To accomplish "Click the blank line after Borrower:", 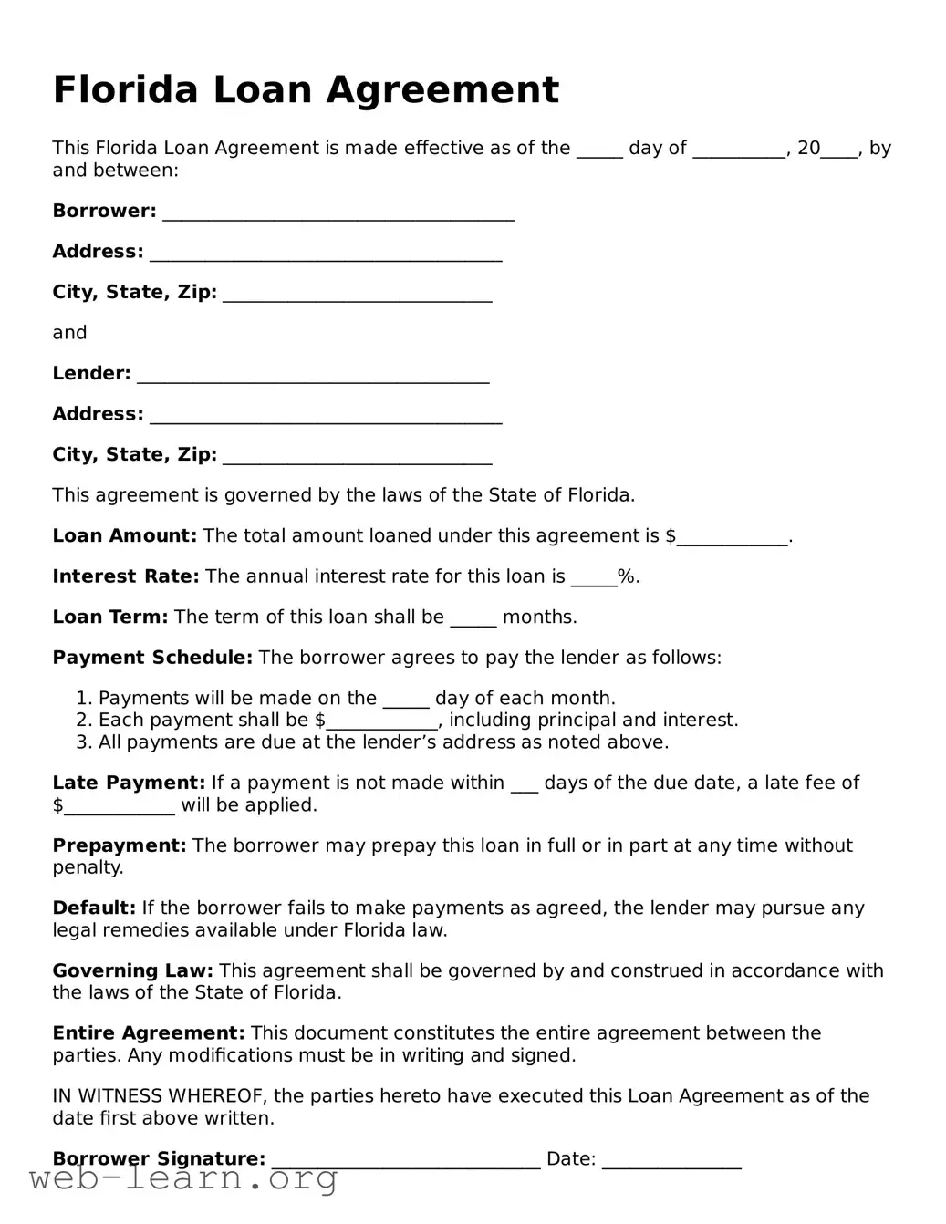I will [x=338, y=213].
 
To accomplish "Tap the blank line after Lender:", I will [x=312, y=376].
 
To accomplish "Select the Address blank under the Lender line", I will [x=325, y=416].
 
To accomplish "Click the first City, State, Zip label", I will [x=134, y=292].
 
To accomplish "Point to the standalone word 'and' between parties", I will [x=69, y=333].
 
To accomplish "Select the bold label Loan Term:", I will [x=109, y=617].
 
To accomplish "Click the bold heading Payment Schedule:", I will [x=151, y=658].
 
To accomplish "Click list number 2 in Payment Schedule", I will [x=84, y=721].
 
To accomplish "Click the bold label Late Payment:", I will [x=129, y=783].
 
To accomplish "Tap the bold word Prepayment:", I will [x=119, y=845].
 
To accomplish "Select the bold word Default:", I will [x=94, y=908].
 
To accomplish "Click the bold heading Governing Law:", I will [x=132, y=971].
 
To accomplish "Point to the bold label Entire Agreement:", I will [x=148, y=1033].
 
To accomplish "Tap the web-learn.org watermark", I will [x=183, y=1179].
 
